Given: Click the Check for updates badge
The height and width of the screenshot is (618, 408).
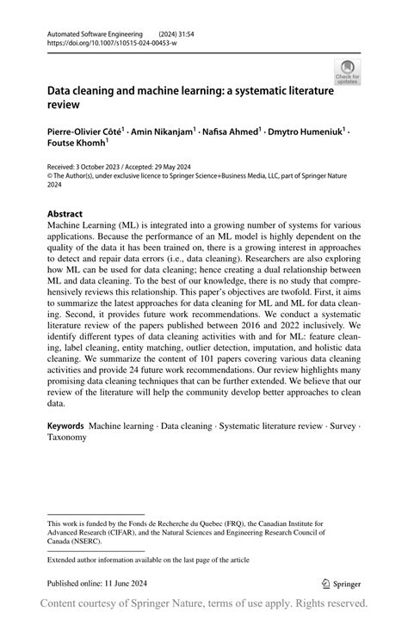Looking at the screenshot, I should tap(349, 72).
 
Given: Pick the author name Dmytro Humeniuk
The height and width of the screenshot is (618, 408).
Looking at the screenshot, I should tap(306, 132).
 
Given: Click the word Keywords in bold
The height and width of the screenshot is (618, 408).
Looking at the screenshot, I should tap(65, 425).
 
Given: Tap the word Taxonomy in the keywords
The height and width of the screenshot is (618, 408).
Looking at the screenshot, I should tap(67, 437).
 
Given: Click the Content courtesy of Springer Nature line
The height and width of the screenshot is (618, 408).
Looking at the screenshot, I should tap(204, 603).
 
